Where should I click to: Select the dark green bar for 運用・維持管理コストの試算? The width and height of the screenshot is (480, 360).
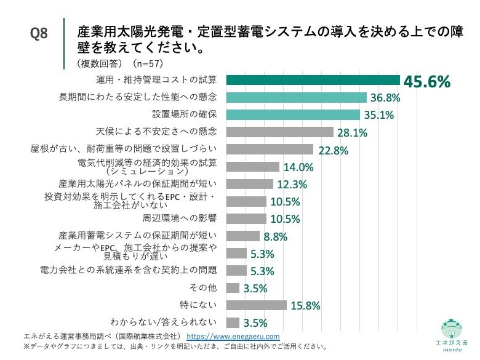[x=313, y=80]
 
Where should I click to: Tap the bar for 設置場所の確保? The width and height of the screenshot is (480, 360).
[x=293, y=114]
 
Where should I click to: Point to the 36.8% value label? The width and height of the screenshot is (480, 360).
[x=385, y=98]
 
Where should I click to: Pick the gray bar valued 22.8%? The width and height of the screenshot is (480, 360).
[x=270, y=149]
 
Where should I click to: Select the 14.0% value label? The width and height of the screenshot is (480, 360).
[x=298, y=167]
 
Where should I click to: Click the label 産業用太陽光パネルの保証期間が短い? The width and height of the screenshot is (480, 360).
[x=138, y=183]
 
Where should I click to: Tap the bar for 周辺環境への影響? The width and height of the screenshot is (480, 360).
[x=246, y=218]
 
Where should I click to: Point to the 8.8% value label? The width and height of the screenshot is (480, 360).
[x=276, y=236]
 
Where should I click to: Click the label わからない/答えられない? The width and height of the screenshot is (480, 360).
[x=163, y=322]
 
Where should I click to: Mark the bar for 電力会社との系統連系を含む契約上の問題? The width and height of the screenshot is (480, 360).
[x=236, y=271]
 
